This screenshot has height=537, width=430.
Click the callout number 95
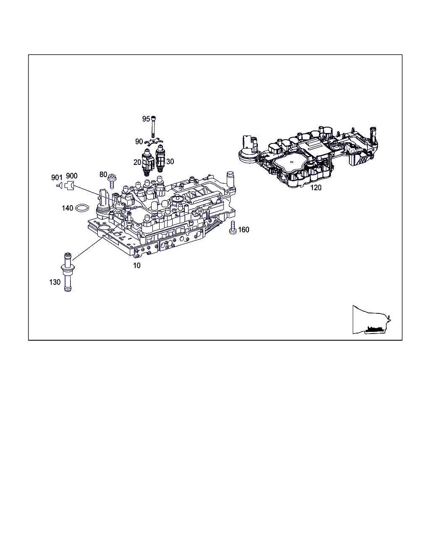click(146, 119)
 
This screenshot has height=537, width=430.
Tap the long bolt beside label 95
click(153, 127)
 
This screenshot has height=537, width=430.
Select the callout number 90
click(139, 141)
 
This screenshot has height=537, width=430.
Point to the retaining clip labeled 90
click(154, 142)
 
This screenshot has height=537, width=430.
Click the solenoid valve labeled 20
click(148, 162)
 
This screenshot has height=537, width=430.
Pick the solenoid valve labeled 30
click(160, 159)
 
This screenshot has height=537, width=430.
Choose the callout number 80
click(103, 175)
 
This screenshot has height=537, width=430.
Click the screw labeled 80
click(112, 181)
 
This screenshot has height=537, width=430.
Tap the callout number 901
click(57, 177)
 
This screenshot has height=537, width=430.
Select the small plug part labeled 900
click(69, 186)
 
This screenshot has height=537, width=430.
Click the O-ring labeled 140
click(82, 208)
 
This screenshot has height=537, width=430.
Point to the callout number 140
click(68, 208)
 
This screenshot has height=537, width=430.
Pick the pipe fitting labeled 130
click(68, 272)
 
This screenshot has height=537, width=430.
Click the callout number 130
click(55, 282)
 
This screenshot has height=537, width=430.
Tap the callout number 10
click(136, 266)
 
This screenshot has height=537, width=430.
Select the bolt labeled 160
click(233, 227)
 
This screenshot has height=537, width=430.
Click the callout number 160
click(244, 229)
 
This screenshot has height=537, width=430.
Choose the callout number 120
click(316, 188)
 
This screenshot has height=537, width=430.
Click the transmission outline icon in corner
click(372, 320)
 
